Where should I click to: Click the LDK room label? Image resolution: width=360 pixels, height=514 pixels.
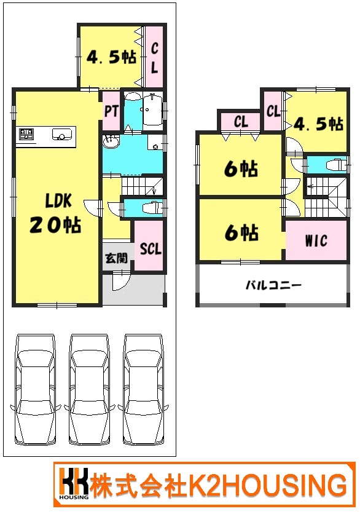(x=58, y=200)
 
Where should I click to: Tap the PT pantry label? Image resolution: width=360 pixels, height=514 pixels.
(x=111, y=111)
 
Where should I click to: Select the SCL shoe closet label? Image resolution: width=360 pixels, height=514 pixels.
(x=151, y=249)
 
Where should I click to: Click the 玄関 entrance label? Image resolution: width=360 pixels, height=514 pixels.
(x=116, y=258)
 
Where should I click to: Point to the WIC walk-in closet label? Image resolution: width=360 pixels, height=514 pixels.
(x=316, y=241)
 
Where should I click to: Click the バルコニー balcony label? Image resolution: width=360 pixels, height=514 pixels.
(x=273, y=285)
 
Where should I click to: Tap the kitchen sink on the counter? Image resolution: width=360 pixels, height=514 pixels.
(x=61, y=135)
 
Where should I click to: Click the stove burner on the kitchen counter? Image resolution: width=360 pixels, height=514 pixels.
(x=26, y=134)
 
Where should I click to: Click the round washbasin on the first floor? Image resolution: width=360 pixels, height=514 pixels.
(x=110, y=143)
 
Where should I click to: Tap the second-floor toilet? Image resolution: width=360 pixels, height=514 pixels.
(x=336, y=164)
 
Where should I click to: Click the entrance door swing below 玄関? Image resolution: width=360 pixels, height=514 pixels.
(x=120, y=282)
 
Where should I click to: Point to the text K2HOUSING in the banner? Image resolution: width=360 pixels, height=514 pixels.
(x=267, y=484)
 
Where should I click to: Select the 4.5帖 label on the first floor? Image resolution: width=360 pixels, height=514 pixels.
(x=111, y=57)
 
